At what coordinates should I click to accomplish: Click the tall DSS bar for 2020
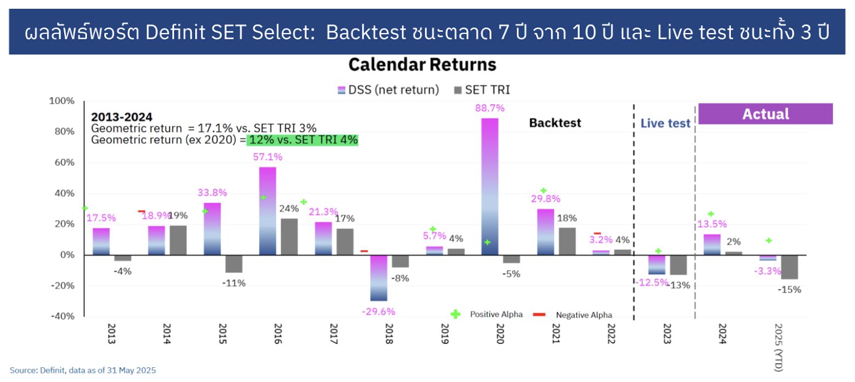(x=490, y=186)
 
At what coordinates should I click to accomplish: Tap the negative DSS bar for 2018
(x=379, y=277)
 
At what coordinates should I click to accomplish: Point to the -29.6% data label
(x=379, y=311)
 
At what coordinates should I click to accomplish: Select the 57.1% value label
(x=268, y=157)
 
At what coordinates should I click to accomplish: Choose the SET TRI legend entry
(x=482, y=90)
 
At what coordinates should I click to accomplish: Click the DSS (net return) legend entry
(x=389, y=90)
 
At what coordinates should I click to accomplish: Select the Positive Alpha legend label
(x=496, y=315)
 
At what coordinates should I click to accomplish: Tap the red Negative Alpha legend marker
(x=539, y=315)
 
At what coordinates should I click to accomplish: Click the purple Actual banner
(x=765, y=114)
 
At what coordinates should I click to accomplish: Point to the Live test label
(x=665, y=124)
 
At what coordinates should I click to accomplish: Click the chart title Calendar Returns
(x=422, y=65)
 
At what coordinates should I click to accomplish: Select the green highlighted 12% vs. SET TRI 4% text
(x=303, y=140)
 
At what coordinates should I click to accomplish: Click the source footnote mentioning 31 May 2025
(x=83, y=371)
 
